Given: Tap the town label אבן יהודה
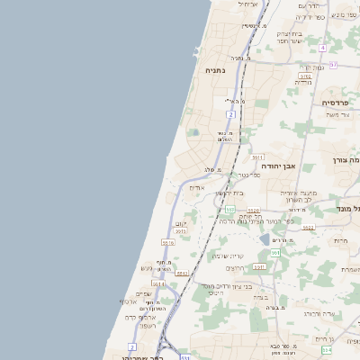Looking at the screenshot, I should pyautogui.click(x=278, y=166).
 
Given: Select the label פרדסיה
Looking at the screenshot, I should pyautogui.click(x=340, y=103).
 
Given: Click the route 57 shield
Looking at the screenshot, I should pyautogui.click(x=332, y=65).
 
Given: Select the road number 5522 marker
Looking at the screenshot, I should pyautogui.click(x=308, y=228).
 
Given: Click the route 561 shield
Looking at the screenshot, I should pyautogui.click(x=274, y=253).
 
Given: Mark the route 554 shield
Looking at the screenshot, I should pyautogui.click(x=326, y=349).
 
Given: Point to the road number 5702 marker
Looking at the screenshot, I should pyautogui.click(x=304, y=77).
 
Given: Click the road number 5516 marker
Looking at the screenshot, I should pyautogui.click(x=168, y=242).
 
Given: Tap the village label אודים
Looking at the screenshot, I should pyautogui.click(x=197, y=187).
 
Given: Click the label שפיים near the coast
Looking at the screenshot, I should pyautogui.click(x=143, y=293).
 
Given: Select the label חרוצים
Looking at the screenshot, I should pyautogui.click(x=236, y=268).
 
